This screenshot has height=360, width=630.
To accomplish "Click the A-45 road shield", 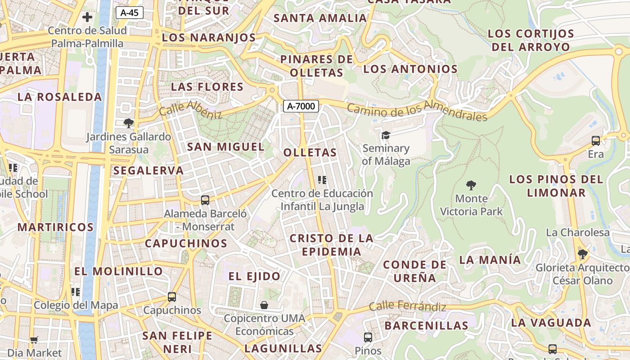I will (x=130, y=13).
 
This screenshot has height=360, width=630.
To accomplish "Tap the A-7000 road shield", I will (x=301, y=106).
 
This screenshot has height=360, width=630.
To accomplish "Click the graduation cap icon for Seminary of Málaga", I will (x=386, y=135).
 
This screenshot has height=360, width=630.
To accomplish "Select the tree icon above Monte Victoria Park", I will (x=471, y=185).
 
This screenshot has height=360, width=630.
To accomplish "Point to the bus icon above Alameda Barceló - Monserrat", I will (x=205, y=200).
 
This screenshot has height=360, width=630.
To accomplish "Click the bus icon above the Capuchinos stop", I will (x=172, y=297).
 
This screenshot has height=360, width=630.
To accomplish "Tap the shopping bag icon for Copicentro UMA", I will (x=264, y=305).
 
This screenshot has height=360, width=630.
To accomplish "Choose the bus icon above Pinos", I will (x=368, y=337).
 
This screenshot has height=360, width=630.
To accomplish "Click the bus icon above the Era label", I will (x=596, y=141).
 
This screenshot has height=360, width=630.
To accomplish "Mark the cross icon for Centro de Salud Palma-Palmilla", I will (x=87, y=18).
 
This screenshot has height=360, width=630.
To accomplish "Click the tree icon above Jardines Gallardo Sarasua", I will (x=129, y=123).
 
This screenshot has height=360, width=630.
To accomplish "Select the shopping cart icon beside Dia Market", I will (x=34, y=340).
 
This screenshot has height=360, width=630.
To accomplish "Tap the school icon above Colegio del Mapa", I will (x=76, y=292).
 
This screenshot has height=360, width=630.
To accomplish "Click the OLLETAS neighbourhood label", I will (x=310, y=153).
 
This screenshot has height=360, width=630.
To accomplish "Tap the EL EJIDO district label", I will (x=254, y=276).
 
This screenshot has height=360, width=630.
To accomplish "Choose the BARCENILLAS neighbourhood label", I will (x=426, y=325).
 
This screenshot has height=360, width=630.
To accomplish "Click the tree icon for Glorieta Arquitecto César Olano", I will (x=582, y=254).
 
